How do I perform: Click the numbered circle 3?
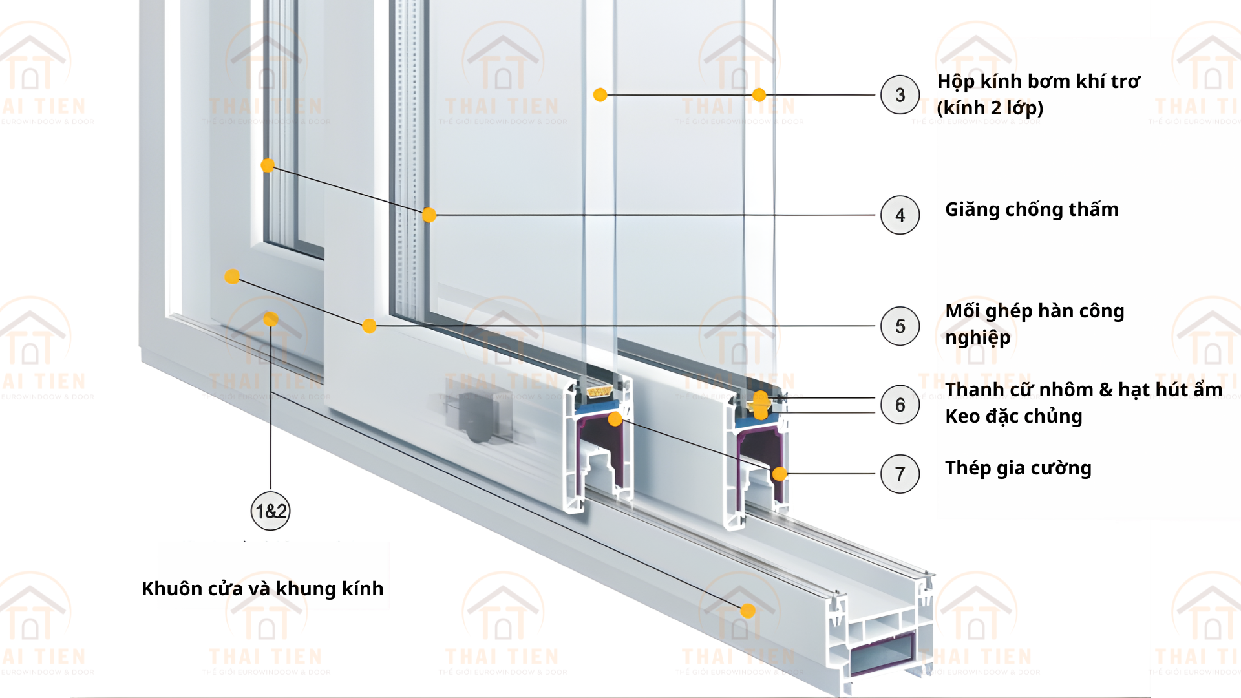click(900, 95)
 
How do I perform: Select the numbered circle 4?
click(900, 215)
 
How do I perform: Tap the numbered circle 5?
click(900, 326)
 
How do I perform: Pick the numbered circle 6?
click(900, 405)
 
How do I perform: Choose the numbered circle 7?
click(900, 474)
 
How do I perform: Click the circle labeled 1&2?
click(270, 511)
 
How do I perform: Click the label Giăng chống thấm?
click(1032, 209)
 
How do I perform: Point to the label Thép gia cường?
click(1018, 468)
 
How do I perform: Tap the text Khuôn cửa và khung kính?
click(262, 589)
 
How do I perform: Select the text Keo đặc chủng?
click(1013, 416)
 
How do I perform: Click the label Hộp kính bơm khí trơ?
click(1039, 81)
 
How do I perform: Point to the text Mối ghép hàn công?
click(1035, 311)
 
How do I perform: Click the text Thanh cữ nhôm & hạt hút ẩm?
click(1083, 390)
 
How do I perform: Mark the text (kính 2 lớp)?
click(990, 108)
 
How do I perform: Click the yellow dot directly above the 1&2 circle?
click(271, 319)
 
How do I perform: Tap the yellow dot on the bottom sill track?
click(748, 611)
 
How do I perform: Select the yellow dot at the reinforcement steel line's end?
click(780, 474)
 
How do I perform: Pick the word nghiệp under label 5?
click(977, 338)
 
